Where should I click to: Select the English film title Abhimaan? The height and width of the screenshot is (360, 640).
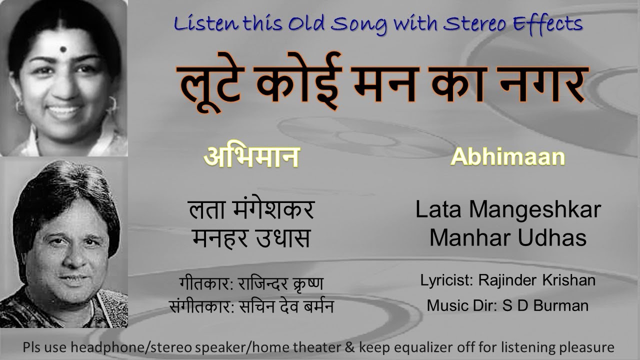[507, 157]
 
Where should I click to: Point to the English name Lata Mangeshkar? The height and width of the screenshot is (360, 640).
[507, 210]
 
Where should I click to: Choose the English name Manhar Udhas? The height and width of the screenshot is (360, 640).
[507, 238]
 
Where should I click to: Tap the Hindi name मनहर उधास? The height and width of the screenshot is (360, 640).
[251, 238]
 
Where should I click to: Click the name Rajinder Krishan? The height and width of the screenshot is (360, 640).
[536, 280]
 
